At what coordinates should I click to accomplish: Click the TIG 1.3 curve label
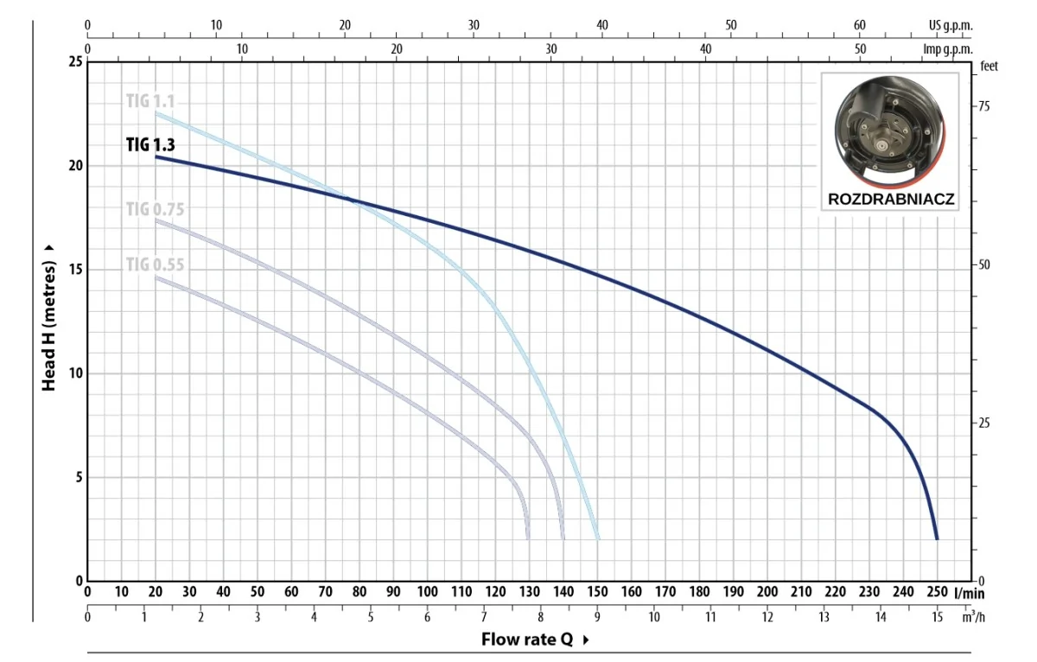tap(150, 144)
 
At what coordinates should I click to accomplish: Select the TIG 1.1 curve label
tap(150, 100)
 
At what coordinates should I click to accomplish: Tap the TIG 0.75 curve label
tap(155, 208)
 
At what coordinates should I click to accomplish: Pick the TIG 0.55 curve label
tap(155, 264)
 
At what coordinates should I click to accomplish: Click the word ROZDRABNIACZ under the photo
tap(891, 199)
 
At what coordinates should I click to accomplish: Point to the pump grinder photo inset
tap(890, 130)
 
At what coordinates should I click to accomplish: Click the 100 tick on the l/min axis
tap(427, 592)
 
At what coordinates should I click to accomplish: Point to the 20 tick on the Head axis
tap(75, 165)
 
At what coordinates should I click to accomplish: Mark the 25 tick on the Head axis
tap(75, 62)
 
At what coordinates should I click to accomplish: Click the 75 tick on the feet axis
tap(983, 105)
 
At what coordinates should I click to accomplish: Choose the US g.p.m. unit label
tap(950, 26)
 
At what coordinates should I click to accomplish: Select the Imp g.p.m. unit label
tap(948, 48)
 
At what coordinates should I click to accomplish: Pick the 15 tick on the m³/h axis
tap(937, 616)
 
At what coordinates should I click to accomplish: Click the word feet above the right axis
tap(989, 67)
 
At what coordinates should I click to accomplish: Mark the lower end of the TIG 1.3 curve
tap(937, 538)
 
